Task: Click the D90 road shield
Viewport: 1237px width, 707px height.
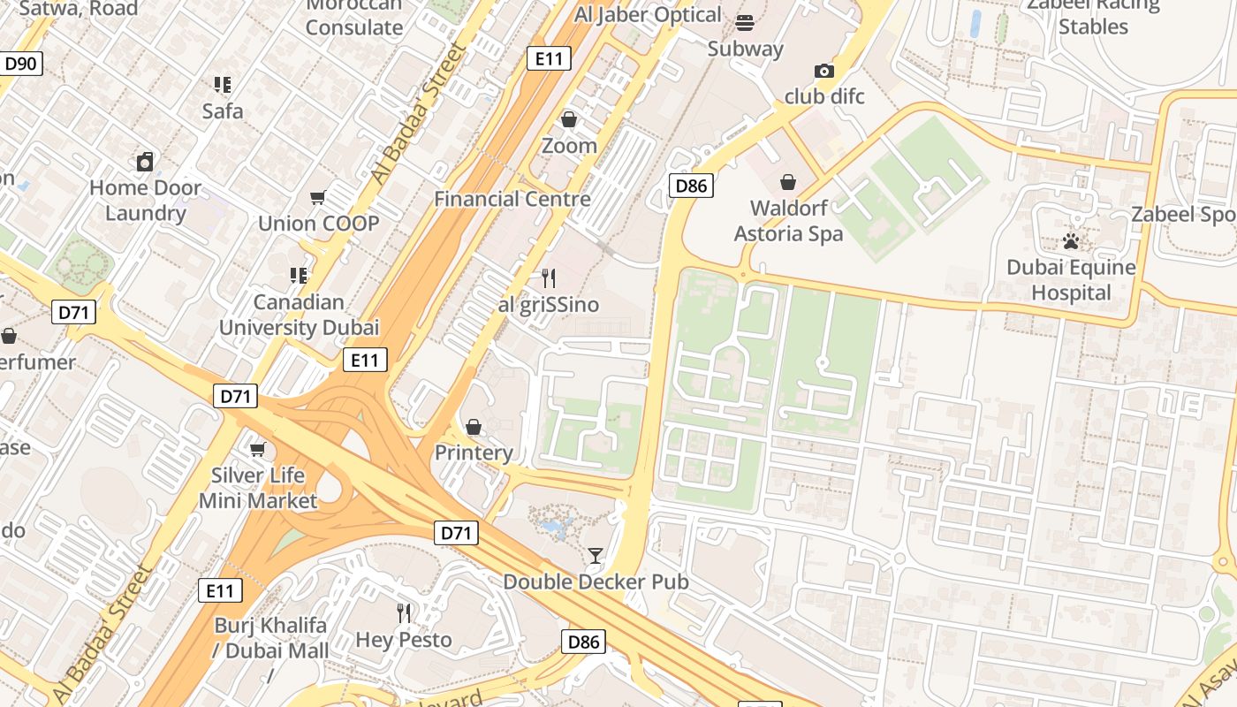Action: [20, 64]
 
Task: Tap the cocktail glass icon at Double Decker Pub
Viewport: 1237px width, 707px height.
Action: [596, 556]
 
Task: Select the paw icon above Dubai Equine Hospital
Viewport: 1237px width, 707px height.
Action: [1071, 240]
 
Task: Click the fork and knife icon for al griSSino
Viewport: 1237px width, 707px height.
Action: [549, 278]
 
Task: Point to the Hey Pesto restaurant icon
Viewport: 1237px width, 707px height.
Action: [404, 612]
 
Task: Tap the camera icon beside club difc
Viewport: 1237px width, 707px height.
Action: [824, 71]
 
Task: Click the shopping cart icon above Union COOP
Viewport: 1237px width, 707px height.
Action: [318, 197]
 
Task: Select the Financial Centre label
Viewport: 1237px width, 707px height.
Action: [512, 199]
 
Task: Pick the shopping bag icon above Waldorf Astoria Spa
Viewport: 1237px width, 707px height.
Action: [788, 182]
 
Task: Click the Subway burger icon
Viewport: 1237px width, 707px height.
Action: [745, 22]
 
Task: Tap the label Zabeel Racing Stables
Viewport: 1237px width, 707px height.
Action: [1093, 15]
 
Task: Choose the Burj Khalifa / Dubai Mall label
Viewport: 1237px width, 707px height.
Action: [271, 638]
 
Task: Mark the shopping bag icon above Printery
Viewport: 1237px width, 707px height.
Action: [474, 427]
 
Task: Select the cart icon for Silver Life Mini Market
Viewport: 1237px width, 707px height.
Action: [258, 449]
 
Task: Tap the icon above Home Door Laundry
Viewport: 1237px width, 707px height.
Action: [145, 162]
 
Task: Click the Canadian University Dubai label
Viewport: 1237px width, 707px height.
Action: [299, 315]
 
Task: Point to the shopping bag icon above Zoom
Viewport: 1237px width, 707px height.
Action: [569, 118]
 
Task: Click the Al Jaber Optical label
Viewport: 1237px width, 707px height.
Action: [648, 15]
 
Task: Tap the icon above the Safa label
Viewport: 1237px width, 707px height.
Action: [223, 85]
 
